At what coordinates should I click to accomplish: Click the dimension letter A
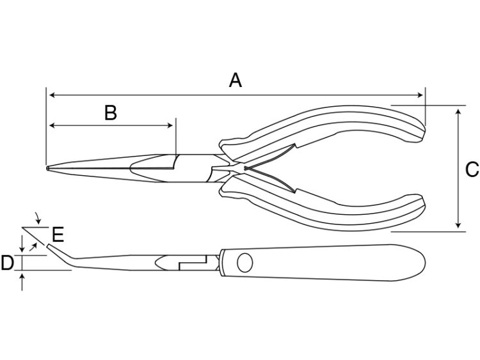click(236, 80)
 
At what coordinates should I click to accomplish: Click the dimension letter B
click(111, 113)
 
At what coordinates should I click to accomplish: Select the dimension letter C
click(472, 169)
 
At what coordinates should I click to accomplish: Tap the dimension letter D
click(7, 263)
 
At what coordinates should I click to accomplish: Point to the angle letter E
click(58, 235)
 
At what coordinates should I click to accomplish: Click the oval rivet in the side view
click(245, 262)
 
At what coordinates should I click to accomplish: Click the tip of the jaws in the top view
click(48, 168)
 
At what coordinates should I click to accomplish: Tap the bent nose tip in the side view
click(49, 246)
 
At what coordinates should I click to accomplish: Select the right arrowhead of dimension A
click(420, 95)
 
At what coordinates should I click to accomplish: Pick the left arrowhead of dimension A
click(52, 95)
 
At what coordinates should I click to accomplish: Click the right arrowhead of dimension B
click(170, 125)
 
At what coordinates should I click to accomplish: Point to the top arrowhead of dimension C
click(458, 112)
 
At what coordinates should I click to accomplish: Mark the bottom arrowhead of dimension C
click(458, 224)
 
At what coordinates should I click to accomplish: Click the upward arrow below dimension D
click(22, 282)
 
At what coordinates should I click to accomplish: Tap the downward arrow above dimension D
click(22, 244)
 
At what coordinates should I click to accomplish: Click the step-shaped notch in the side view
click(192, 263)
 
